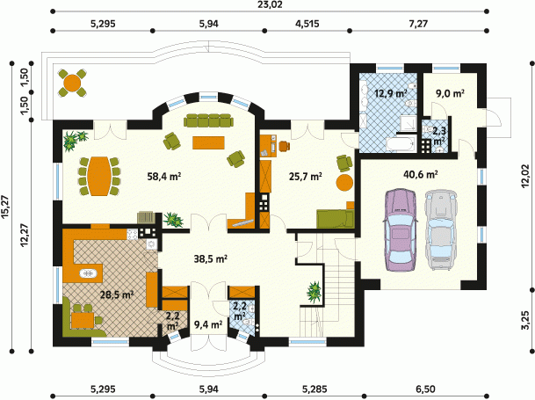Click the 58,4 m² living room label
[163, 177]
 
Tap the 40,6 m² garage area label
[421, 175]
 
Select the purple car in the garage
[400, 229]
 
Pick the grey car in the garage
[440, 229]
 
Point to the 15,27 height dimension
[5, 207]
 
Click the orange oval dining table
[99, 176]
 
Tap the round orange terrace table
[72, 83]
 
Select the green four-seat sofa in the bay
[208, 121]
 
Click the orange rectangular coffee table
[208, 142]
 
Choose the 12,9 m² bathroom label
[391, 93]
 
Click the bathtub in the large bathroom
[401, 144]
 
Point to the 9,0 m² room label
[450, 93]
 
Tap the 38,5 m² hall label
[211, 259]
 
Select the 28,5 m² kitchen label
[117, 295]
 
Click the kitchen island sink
[89, 273]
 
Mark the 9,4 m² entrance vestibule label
[208, 324]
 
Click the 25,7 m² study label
[306, 177]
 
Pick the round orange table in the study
[344, 183]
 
